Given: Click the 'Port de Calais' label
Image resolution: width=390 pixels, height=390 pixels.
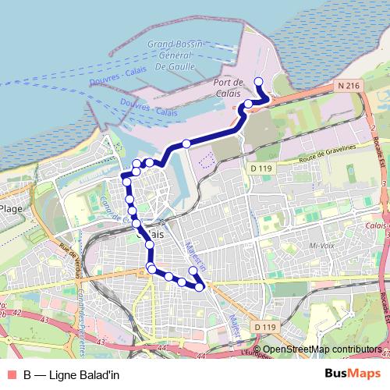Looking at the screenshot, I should point(229,87).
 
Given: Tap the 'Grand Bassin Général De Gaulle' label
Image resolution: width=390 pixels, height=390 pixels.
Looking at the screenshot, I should point(175,55).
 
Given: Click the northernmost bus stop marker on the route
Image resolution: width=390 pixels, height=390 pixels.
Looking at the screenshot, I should point(259,81).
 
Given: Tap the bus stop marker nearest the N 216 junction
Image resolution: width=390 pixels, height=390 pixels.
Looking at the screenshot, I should point(249,104).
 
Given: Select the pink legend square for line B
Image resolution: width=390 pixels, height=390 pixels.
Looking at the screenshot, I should point(10,374).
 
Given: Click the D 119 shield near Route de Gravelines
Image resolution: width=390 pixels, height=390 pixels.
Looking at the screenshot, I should point(259,167).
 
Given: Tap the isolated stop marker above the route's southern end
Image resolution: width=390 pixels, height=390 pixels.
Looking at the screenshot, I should point(193,271).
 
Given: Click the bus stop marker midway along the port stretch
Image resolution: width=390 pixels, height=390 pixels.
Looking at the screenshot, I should point(186,143).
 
